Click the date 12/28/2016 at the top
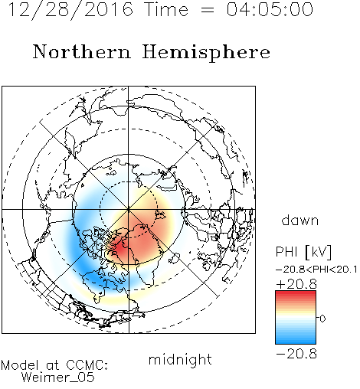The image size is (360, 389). (71, 10)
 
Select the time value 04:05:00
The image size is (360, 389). (270, 9)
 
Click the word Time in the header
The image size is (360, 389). (166, 9)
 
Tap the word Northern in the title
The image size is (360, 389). (82, 51)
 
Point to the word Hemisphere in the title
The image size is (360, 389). (206, 53)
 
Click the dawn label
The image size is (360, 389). (300, 220)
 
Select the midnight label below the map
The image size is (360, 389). (180, 359)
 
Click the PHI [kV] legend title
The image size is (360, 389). (303, 252)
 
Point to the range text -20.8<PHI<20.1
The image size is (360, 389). (316, 270)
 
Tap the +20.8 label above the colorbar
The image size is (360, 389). (296, 284)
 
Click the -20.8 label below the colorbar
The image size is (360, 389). (296, 354)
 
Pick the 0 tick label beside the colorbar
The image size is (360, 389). (322, 319)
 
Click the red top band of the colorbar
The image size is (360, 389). (296, 294)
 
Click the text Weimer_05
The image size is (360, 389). (58, 378)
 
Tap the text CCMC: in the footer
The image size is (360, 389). (87, 365)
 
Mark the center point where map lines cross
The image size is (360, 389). (129, 210)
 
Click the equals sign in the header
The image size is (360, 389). (208, 10)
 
